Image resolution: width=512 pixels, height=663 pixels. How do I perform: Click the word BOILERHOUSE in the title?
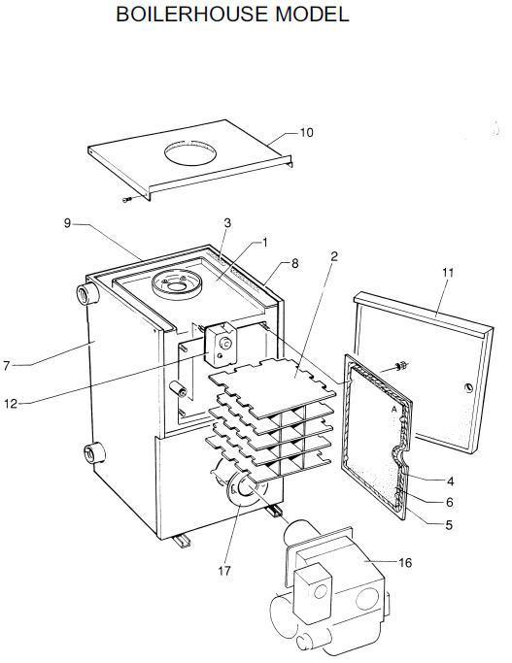tap(192, 15)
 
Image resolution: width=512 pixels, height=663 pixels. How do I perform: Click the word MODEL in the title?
tap(312, 15)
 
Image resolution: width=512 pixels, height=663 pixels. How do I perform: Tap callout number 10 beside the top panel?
tap(306, 133)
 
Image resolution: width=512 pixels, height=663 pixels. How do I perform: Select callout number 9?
tap(67, 223)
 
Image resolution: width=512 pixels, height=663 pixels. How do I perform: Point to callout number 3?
tap(227, 223)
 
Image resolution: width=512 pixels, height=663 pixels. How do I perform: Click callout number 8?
tap(295, 263)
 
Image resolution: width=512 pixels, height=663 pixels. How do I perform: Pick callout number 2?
tap(334, 256)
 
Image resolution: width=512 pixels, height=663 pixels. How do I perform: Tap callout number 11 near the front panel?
tap(448, 273)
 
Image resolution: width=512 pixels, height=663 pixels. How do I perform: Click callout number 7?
tap(6, 366)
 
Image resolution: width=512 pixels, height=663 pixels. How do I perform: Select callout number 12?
tap(11, 404)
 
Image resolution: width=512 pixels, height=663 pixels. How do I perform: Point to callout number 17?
tap(224, 571)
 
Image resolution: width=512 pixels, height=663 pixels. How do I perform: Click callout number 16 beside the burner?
tap(405, 562)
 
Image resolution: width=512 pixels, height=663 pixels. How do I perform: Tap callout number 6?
tap(450, 502)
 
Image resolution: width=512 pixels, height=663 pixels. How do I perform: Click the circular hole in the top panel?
tap(190, 153)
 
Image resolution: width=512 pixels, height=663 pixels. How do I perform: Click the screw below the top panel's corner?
tap(126, 199)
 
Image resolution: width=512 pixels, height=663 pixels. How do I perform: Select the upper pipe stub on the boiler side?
tap(87, 293)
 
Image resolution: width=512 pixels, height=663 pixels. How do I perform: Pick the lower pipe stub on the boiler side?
tap(94, 453)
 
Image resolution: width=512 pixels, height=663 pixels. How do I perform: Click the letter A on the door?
tap(393, 410)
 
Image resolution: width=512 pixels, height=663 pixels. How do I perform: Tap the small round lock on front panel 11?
tap(468, 387)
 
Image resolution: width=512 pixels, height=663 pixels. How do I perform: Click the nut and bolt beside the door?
tap(401, 365)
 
